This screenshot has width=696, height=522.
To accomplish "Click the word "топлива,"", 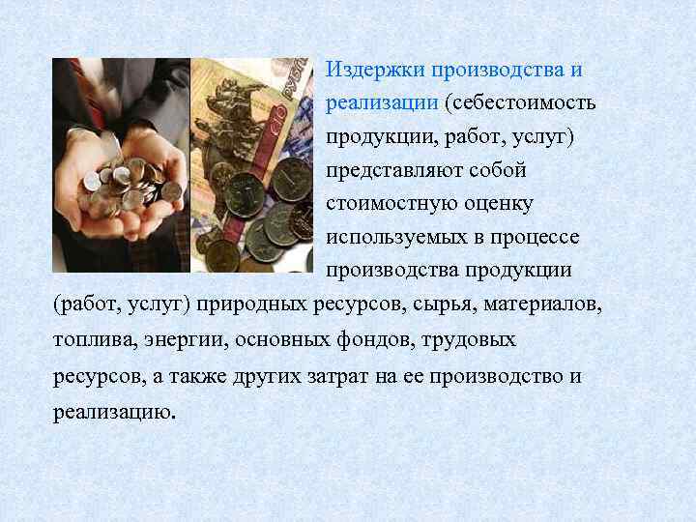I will (x=93, y=340).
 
